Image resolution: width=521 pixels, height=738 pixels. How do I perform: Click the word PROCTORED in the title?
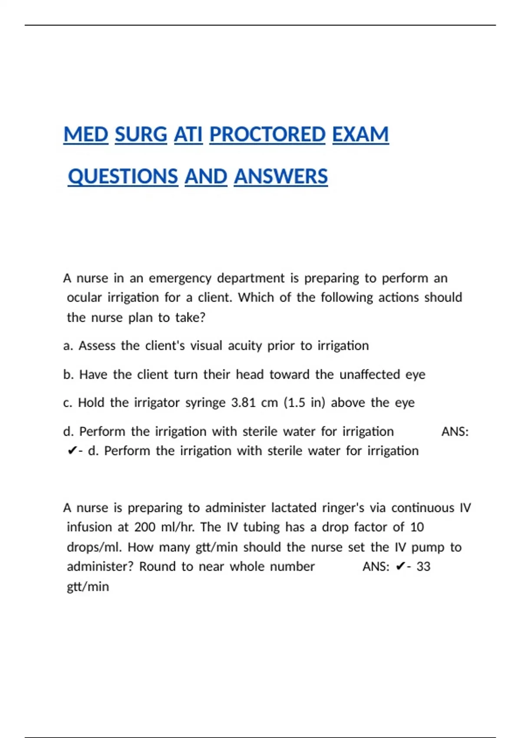pyautogui.click(x=267, y=135)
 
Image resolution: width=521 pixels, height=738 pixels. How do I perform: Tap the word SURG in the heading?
pyautogui.click(x=141, y=135)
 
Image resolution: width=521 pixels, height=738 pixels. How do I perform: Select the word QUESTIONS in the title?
pyautogui.click(x=123, y=177)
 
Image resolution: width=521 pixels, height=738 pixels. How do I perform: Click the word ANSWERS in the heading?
pyautogui.click(x=280, y=177)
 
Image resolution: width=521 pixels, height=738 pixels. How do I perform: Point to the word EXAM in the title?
pyautogui.click(x=360, y=135)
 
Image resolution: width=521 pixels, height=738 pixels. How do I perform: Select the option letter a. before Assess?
pyautogui.click(x=68, y=346)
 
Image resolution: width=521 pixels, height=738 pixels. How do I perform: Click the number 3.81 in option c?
pyautogui.click(x=243, y=403)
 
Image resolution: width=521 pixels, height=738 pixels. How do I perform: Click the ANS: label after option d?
pyautogui.click(x=455, y=432)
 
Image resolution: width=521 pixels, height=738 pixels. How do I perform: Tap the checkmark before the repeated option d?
pyautogui.click(x=72, y=451)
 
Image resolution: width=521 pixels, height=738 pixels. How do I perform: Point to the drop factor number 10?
pyautogui.click(x=417, y=527)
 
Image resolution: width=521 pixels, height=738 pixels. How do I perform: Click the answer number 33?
pyautogui.click(x=423, y=567)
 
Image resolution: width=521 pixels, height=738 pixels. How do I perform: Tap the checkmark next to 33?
pyautogui.click(x=401, y=567)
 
